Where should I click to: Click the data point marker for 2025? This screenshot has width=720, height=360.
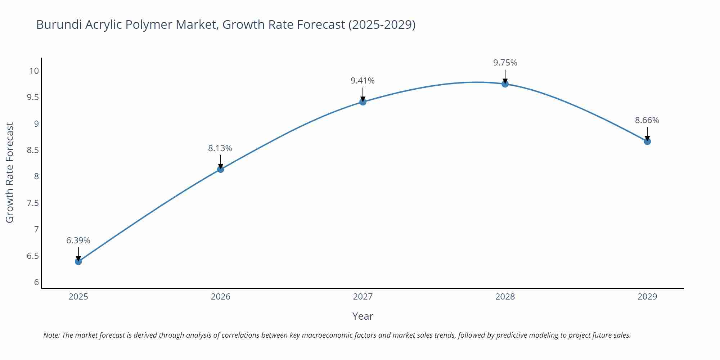tap(78, 261)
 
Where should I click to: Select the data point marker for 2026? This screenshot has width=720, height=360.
tap(221, 169)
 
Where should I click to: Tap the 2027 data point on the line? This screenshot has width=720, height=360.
tap(363, 102)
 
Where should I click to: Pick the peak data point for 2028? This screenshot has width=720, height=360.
tap(505, 84)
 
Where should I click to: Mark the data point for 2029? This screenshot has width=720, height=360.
tap(647, 141)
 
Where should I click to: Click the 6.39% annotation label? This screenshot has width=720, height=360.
tap(78, 240)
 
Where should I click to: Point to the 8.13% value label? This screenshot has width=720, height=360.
tap(220, 148)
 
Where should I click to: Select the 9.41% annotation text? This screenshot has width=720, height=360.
tap(363, 81)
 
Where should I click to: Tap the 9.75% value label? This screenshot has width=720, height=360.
tap(505, 63)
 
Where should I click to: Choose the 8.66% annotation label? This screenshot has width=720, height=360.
tap(647, 121)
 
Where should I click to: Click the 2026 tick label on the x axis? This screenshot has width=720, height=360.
tap(221, 297)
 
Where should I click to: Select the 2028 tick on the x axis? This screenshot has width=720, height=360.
tap(505, 297)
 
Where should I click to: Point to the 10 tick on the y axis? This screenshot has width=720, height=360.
tap(34, 71)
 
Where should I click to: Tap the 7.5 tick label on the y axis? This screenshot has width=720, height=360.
tap(33, 203)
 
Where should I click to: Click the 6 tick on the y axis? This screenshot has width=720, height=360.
tap(36, 282)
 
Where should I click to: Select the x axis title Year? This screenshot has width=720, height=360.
tap(363, 316)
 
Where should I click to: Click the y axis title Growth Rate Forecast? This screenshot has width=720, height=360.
tap(10, 172)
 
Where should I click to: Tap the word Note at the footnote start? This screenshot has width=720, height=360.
tap(51, 335)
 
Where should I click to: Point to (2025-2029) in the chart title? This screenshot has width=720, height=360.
tap(382, 25)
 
